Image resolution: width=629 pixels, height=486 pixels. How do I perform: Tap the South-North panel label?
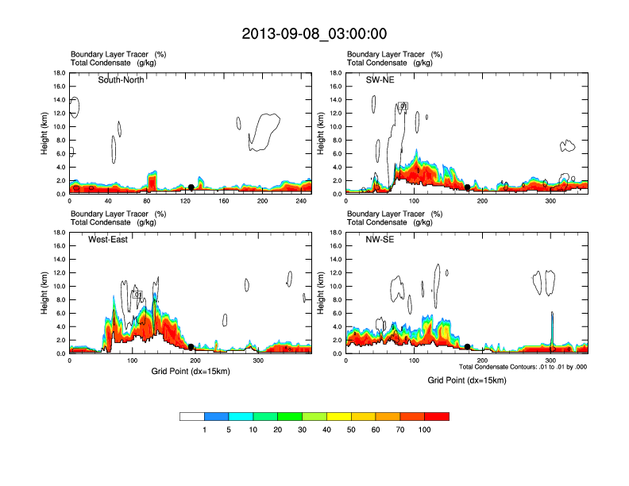(124, 80)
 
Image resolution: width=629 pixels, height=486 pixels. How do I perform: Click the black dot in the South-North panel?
(191, 187)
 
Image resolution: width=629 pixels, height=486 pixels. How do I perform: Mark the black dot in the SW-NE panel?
(468, 187)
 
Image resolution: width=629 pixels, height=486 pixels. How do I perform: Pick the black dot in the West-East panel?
(191, 347)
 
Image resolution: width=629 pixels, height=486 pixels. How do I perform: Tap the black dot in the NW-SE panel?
(467, 347)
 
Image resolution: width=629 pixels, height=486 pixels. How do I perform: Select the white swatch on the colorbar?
(192, 416)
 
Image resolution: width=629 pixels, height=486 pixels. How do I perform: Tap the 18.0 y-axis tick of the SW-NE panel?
(336, 73)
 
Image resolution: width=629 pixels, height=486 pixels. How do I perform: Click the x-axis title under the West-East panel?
(190, 371)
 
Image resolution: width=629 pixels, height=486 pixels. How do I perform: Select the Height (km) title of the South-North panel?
(45, 133)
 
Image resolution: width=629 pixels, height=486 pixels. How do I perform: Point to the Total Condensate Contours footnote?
(523, 366)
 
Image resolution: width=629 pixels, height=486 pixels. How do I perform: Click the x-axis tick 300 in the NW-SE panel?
(551, 361)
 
